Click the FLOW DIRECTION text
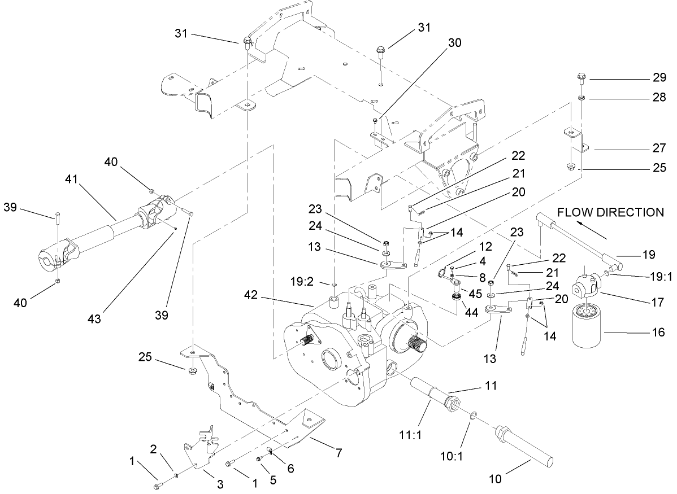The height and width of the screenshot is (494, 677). click(610, 213)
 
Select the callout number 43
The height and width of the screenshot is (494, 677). click(94, 318)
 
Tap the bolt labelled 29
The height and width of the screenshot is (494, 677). click(581, 77)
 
